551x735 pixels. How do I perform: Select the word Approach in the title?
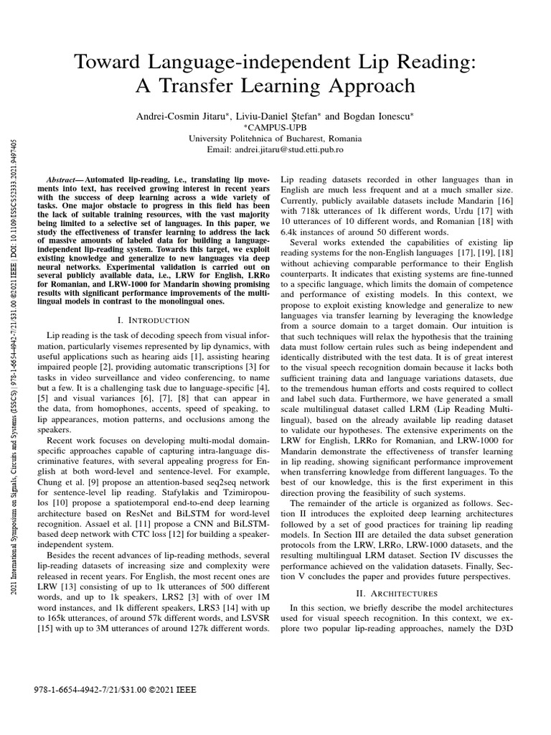(x=362, y=86)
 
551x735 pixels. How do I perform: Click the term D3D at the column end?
(x=501, y=629)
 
